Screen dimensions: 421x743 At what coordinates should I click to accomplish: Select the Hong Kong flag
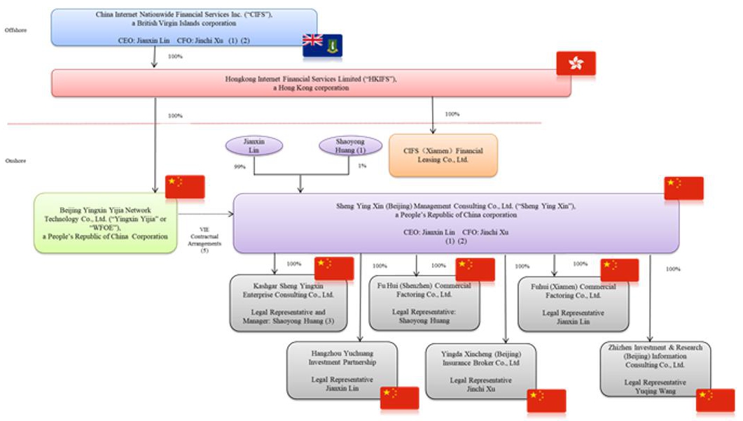click(576, 63)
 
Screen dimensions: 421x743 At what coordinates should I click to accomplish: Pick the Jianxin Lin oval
click(254, 145)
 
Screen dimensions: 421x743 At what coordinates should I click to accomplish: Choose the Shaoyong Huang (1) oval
click(350, 145)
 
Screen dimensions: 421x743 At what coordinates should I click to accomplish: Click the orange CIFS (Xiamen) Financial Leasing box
click(443, 155)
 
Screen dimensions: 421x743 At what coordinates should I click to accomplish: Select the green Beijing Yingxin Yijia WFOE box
click(105, 223)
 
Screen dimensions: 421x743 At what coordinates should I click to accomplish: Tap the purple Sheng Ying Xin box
click(455, 223)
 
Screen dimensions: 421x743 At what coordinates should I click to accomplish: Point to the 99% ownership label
click(239, 167)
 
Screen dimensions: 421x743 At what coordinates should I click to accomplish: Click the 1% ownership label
click(361, 166)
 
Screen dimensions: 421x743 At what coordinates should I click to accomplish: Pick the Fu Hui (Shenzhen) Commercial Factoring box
click(424, 302)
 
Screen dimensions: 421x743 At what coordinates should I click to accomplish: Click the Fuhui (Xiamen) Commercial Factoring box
click(573, 304)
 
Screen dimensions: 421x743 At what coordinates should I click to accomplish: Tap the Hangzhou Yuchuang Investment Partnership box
click(342, 369)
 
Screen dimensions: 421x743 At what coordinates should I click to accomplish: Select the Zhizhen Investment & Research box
click(655, 369)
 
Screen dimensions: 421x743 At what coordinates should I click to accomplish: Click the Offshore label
click(15, 30)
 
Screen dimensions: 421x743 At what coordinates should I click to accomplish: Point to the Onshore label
click(15, 160)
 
